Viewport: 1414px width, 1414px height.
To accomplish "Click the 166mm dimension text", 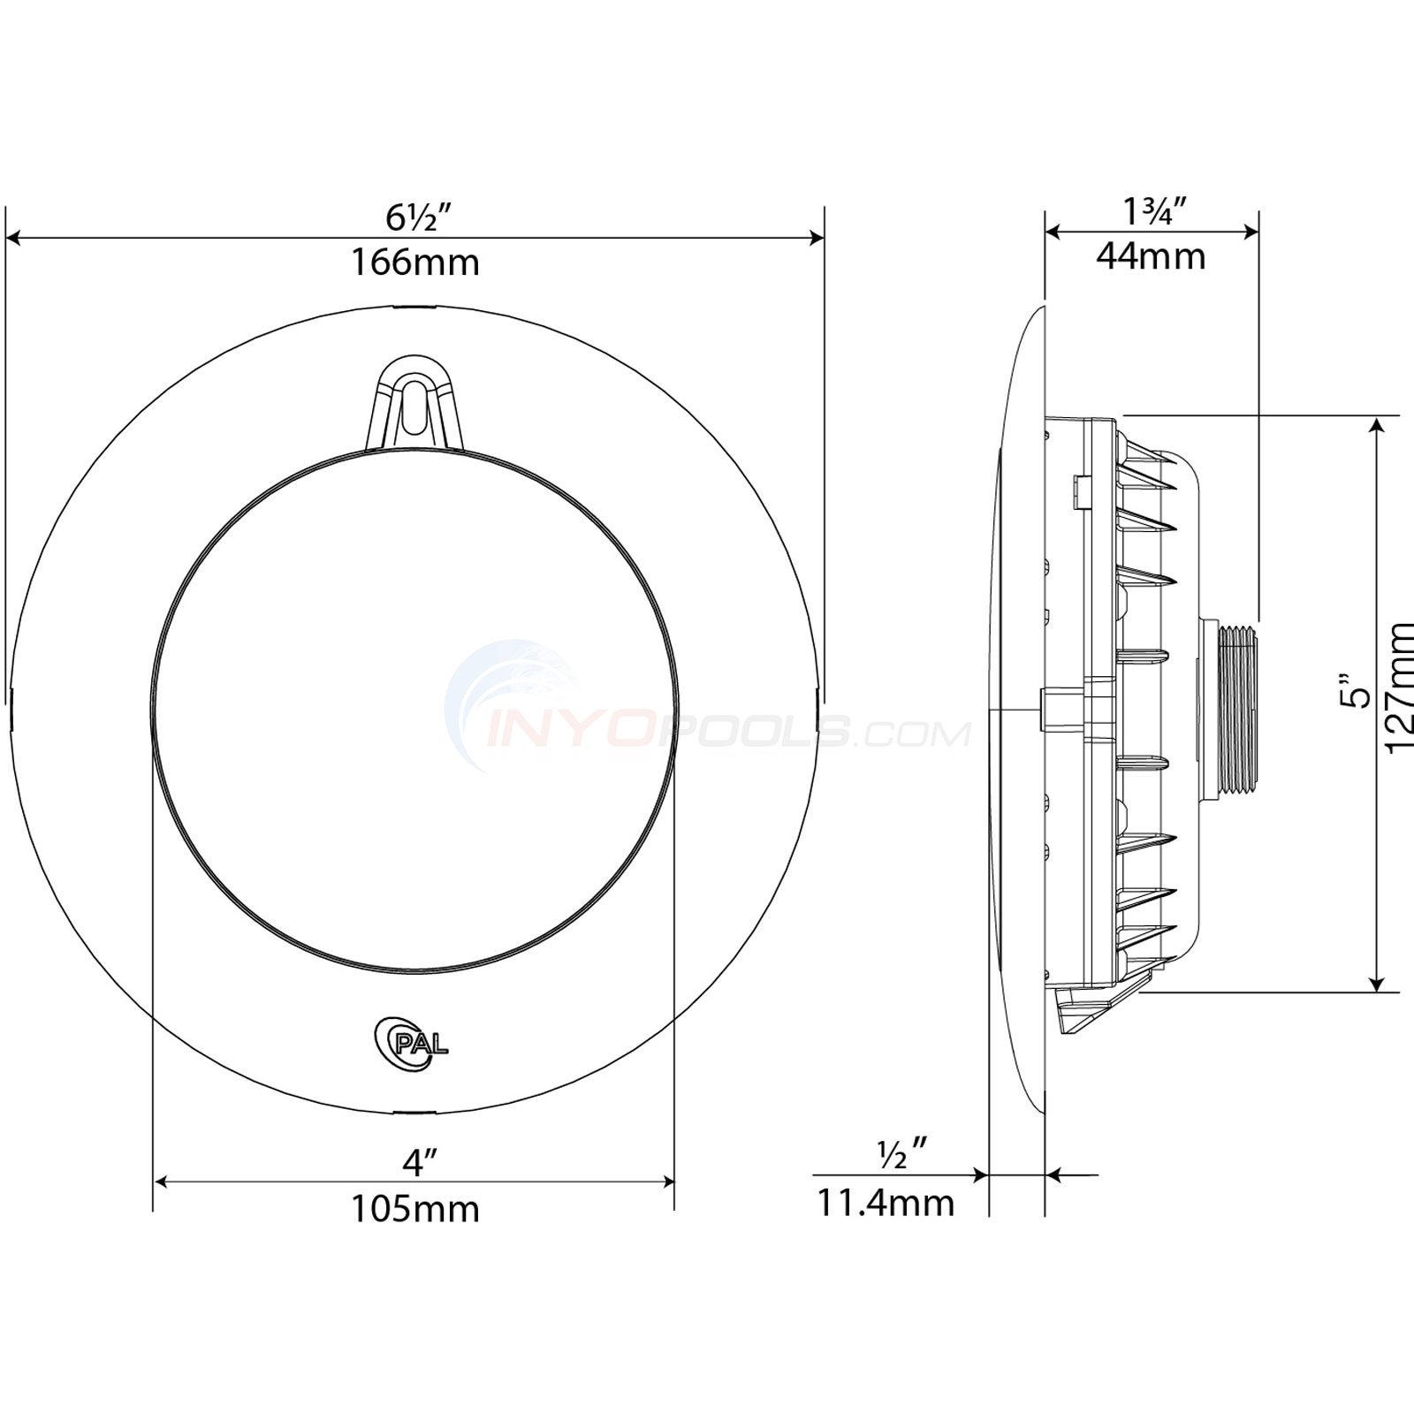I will [x=415, y=262].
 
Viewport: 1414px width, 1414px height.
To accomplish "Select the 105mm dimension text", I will [x=415, y=1208].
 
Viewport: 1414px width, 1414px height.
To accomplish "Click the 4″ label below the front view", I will [x=415, y=1163].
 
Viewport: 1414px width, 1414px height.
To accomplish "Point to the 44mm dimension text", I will [x=1151, y=256].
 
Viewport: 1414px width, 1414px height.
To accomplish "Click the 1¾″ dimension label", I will [x=1152, y=211].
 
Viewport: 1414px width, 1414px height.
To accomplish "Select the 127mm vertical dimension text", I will [x=1400, y=687].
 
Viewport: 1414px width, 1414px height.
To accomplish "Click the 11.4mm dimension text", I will [x=885, y=1203].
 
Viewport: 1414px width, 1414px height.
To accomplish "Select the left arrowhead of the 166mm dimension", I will [x=12, y=237].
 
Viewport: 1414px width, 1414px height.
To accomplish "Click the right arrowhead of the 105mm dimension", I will [x=668, y=1182].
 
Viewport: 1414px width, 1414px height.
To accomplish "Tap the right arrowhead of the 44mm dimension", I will [x=1251, y=232].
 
